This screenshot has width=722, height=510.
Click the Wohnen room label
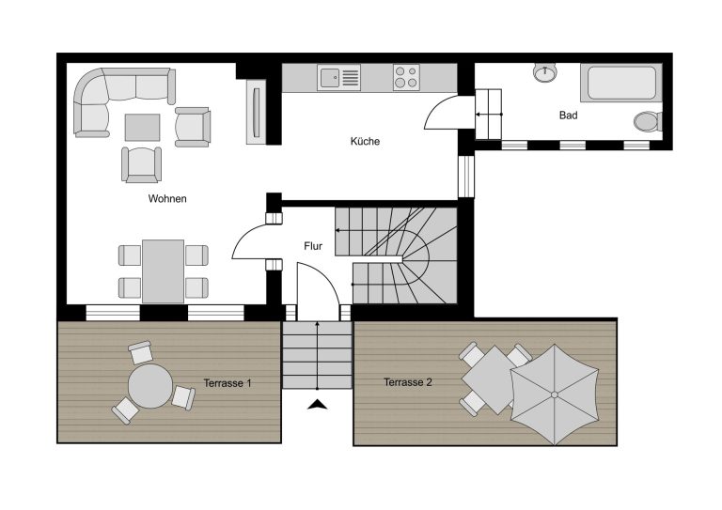click(x=167, y=199)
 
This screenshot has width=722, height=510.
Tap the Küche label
click(x=365, y=141)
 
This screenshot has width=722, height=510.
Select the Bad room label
click(x=568, y=115)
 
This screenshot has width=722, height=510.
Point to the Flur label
click(x=313, y=246)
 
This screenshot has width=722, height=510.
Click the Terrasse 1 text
click(x=228, y=383)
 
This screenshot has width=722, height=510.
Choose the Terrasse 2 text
click(x=408, y=382)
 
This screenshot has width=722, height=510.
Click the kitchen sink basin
click(x=330, y=77)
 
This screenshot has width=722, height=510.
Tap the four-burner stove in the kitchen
click(x=406, y=77)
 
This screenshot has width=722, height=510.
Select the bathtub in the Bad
click(x=621, y=83)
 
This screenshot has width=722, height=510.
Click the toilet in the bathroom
click(x=648, y=121)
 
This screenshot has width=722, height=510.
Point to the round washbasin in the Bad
click(x=545, y=72)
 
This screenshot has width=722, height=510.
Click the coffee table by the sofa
click(x=142, y=128)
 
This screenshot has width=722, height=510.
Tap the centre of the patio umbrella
click(x=555, y=394)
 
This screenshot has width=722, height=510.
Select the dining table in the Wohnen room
click(x=163, y=271)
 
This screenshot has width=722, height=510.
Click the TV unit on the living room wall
click(x=256, y=112)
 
